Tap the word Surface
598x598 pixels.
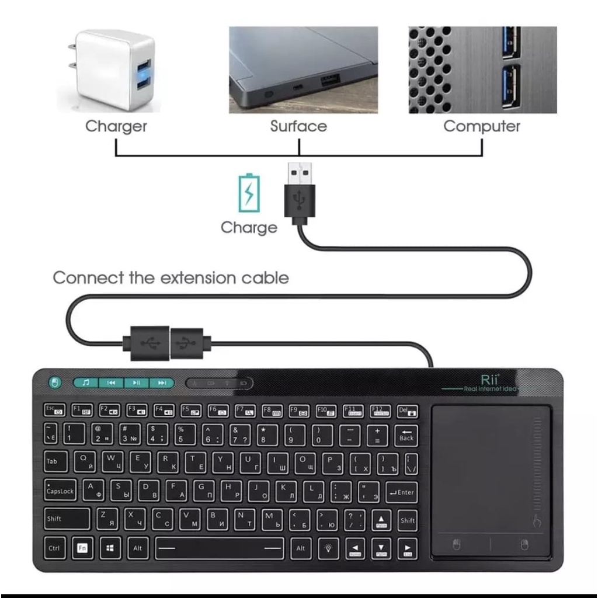[x=298, y=126]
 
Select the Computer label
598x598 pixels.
[x=482, y=126]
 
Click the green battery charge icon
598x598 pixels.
[x=249, y=193]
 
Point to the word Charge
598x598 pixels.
[x=249, y=227]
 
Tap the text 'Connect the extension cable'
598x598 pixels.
[x=171, y=277]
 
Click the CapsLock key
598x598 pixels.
[x=61, y=491]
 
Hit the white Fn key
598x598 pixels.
[x=82, y=548]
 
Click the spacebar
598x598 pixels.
[x=219, y=548]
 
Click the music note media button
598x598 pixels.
[x=86, y=383]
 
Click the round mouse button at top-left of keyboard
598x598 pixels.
[x=55, y=383]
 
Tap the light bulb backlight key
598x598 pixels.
[x=329, y=548]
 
